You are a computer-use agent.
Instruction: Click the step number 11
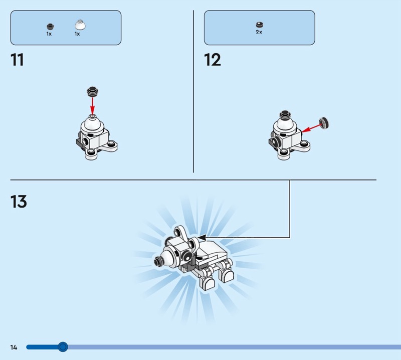coord(17,60)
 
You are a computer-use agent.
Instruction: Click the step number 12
coord(212,60)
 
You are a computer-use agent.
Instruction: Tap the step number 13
coord(19,202)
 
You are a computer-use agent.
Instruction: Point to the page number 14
coord(14,347)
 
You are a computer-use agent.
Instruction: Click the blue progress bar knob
coord(62,347)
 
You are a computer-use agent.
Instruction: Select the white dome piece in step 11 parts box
coord(80,25)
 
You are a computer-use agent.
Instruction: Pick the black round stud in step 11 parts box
coord(50,27)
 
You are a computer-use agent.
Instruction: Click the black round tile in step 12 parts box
coord(260,25)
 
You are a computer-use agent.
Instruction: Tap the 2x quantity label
coord(259,32)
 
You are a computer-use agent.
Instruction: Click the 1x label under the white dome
coord(77,34)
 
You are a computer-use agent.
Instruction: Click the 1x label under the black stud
coord(49,34)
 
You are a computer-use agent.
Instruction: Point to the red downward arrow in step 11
coord(93,105)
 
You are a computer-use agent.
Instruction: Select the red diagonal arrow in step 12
coord(311,128)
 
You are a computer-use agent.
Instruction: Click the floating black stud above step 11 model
coord(93,92)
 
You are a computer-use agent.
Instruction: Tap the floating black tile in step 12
coord(324,123)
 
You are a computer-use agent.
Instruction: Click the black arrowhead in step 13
coord(202,238)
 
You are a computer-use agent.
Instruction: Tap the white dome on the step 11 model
coord(92,124)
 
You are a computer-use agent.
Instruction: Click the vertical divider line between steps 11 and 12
coord(193,91)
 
